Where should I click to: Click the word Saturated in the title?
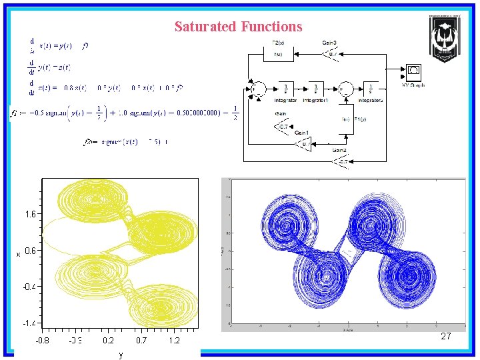coord(205,27)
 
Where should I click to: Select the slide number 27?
coord(446,337)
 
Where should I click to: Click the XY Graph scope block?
coord(413,71)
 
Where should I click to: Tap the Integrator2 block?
coord(370,89)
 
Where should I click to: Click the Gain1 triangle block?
coord(304,143)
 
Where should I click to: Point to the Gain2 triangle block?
coord(341,161)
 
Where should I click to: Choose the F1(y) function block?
coord(346,119)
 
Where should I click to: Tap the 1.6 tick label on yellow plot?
coord(31,215)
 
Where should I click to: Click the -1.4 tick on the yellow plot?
coord(29,323)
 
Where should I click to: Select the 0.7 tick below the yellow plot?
coord(141,341)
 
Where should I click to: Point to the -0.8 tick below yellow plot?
coord(42,341)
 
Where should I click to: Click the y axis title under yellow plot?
coord(119,355)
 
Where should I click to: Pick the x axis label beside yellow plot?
coord(19,253)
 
